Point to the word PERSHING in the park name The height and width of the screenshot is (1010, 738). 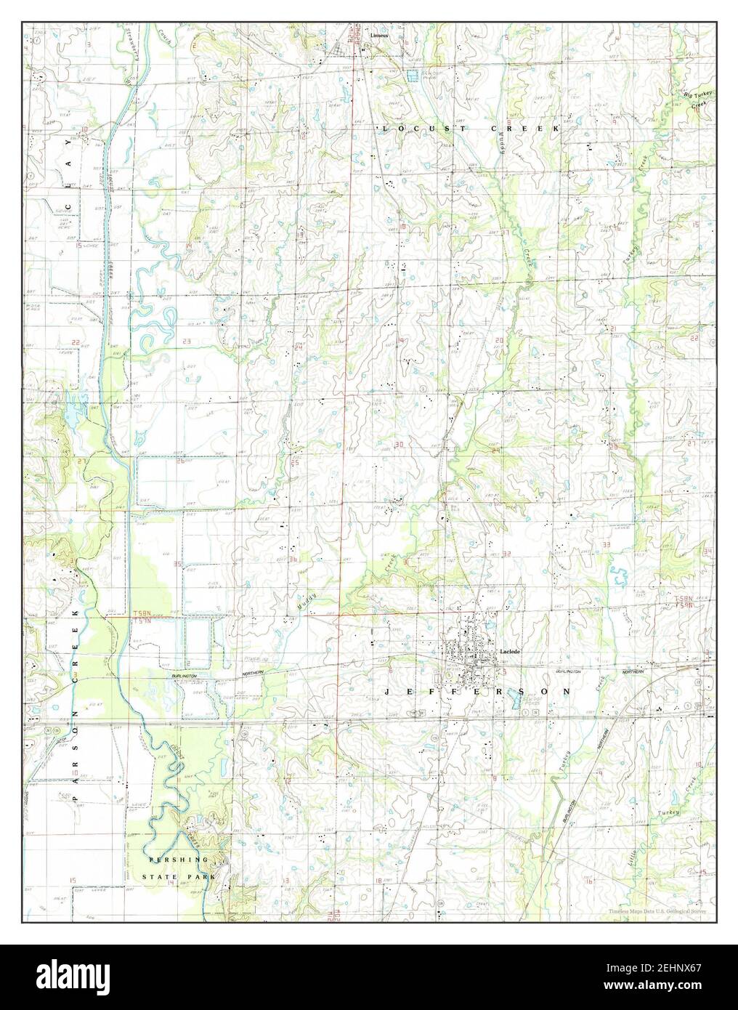click(178, 860)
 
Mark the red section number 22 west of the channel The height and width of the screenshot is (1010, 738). click(76, 341)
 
